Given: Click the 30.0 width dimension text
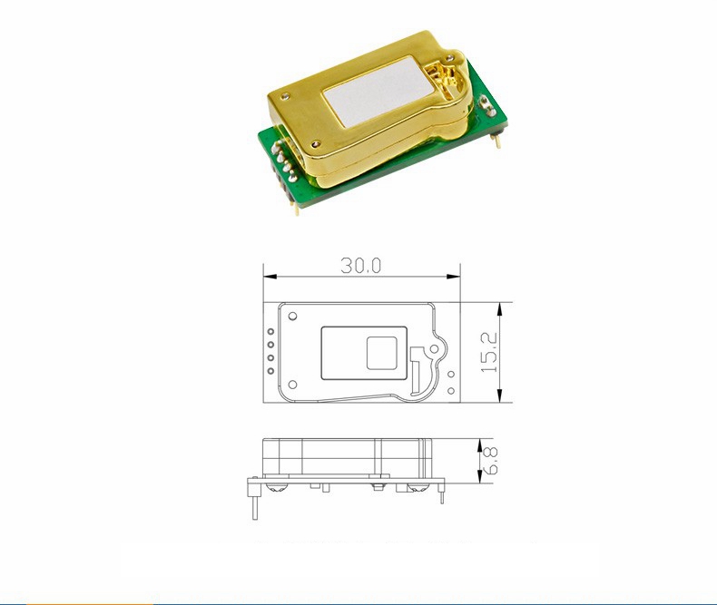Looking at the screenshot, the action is (361, 266).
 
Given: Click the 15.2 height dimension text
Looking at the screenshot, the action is (489, 352).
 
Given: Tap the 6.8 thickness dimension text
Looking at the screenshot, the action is (490, 461).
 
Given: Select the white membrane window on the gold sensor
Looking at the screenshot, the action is (378, 91).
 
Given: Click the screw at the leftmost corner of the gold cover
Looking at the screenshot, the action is (287, 96).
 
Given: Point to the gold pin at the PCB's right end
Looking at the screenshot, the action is (498, 140).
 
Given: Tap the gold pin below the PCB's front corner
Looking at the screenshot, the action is (296, 209).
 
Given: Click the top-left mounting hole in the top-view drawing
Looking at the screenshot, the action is (292, 316).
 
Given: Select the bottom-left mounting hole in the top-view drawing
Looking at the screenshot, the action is (292, 385).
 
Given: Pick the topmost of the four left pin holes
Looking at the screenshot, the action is (270, 331).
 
